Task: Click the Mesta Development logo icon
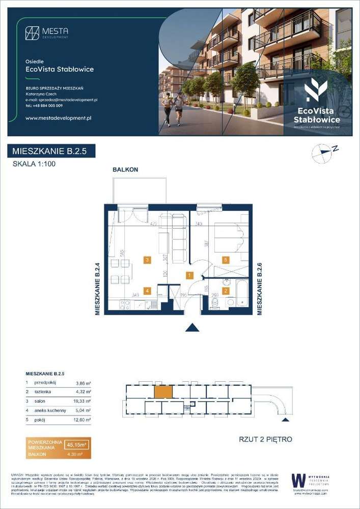pos(32,33)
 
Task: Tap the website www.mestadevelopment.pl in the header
pos(58,118)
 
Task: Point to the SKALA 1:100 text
pos(34,164)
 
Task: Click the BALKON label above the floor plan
pos(125,169)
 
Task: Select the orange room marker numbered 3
pos(147,260)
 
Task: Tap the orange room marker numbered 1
pos(189,276)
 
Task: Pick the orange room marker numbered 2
pos(226,291)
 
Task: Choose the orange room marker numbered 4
pos(147,291)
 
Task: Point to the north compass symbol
pos(323,152)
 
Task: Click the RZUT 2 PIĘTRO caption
pos(265,439)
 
